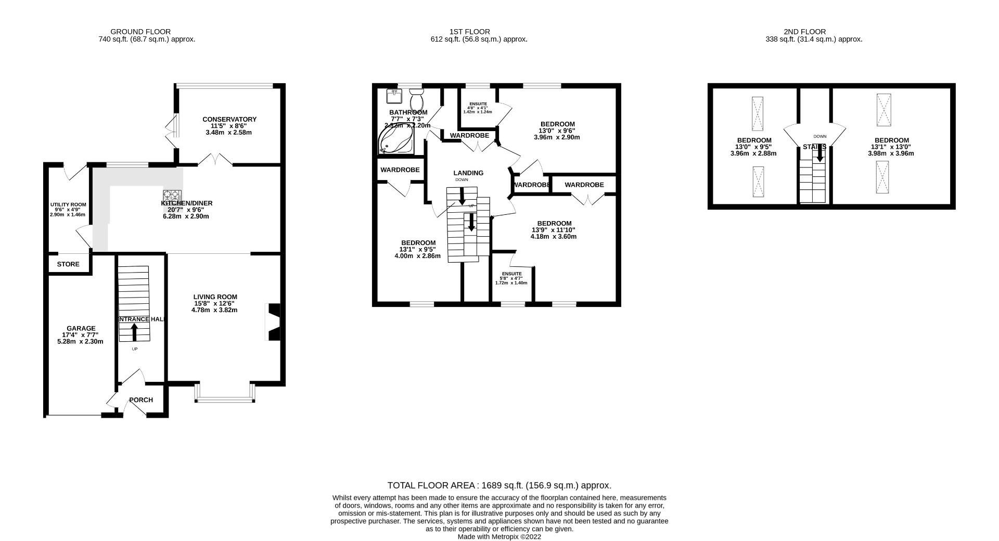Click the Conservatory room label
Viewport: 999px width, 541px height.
(229, 120)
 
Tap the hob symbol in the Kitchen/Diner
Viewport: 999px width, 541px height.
(172, 197)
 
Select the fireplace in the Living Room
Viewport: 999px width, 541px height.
(273, 322)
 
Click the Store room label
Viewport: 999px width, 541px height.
(68, 264)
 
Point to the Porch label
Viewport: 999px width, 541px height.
(141, 400)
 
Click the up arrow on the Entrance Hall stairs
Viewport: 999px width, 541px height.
(134, 331)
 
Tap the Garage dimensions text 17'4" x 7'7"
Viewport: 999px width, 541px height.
(80, 335)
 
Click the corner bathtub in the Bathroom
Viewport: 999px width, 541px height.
(395, 141)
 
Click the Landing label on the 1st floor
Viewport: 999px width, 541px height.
(468, 173)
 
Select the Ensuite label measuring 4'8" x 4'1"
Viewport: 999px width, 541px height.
(478, 104)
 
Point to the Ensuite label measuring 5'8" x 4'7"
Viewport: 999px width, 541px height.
(511, 274)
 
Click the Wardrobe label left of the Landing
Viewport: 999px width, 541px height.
(400, 170)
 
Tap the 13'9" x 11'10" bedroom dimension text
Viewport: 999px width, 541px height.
(554, 230)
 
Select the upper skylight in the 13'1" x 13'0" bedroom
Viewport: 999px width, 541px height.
(883, 110)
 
